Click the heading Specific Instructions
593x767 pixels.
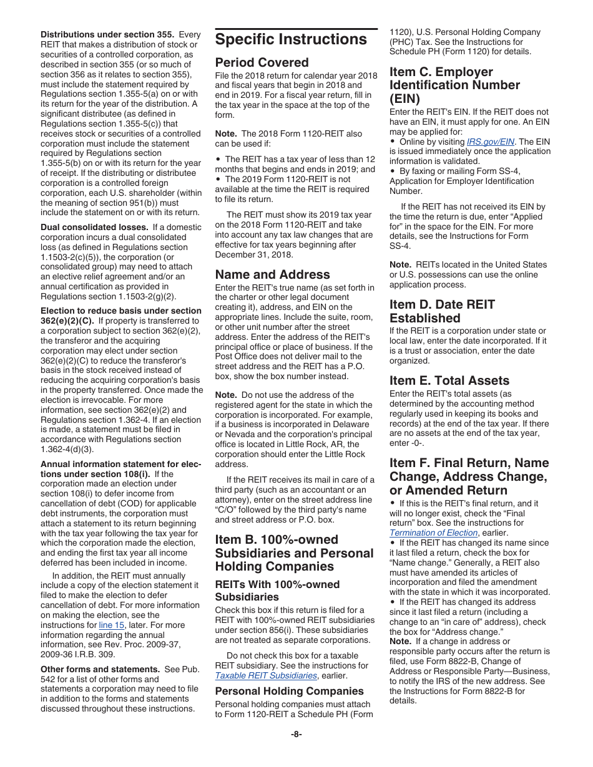[291, 39]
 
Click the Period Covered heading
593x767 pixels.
[262, 62]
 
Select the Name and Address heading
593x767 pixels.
[272, 274]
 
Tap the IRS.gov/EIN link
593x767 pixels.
[491, 142]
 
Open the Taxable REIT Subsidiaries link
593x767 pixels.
[266, 675]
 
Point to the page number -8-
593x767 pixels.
[296, 734]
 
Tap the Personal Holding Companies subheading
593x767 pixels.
[289, 691]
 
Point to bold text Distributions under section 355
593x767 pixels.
[107, 35]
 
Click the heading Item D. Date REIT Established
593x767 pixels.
[442, 311]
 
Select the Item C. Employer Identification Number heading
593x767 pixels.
[454, 85]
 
